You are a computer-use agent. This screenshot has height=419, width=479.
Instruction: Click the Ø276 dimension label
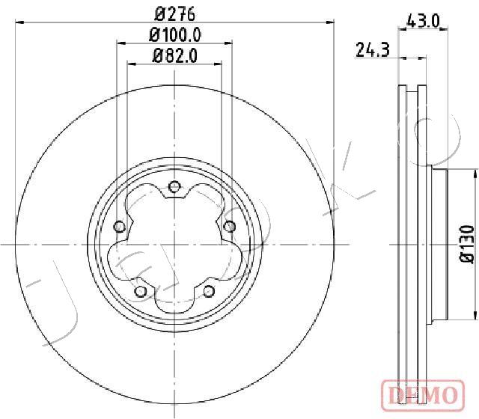[x=175, y=14]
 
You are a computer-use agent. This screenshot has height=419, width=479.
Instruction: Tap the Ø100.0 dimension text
[x=175, y=35]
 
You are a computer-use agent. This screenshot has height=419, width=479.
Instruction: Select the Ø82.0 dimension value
[x=175, y=56]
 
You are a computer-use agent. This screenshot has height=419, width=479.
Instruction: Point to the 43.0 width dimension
[x=423, y=22]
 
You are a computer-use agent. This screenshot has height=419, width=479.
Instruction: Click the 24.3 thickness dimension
[x=373, y=50]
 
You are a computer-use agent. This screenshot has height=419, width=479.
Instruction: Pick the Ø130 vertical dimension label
[x=467, y=245]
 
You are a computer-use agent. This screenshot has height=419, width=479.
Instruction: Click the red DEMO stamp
[x=423, y=394]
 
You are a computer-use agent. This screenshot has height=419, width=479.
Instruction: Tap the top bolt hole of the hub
[x=174, y=186]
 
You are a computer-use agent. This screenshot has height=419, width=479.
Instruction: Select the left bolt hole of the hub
[x=119, y=227]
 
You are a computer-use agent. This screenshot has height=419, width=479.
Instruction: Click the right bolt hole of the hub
[x=230, y=227]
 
